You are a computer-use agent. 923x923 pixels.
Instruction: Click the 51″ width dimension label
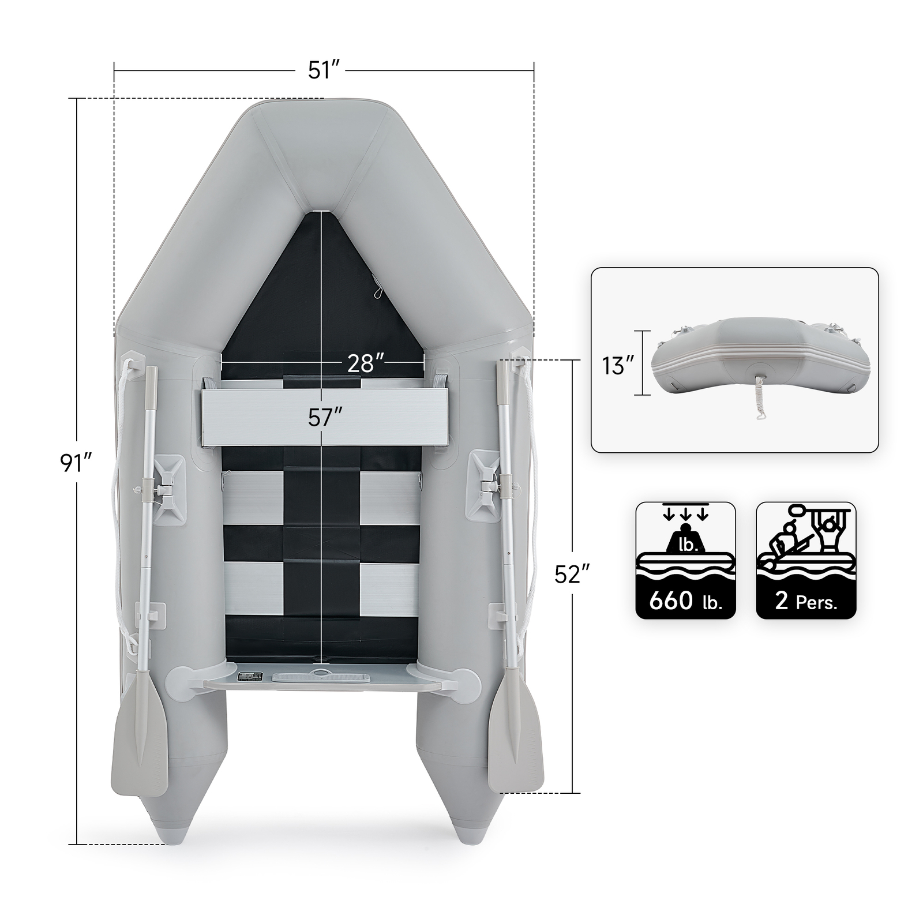tap(325, 70)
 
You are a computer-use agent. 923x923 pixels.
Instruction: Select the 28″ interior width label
tap(365, 363)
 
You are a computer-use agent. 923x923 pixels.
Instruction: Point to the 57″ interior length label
tap(325, 418)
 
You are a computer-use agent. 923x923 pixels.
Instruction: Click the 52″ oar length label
tap(572, 574)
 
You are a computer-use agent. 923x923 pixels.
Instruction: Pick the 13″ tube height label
tap(617, 366)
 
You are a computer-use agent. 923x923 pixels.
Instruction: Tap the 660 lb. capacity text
tap(685, 601)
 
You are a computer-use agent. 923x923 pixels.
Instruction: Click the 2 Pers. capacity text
tap(806, 601)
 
